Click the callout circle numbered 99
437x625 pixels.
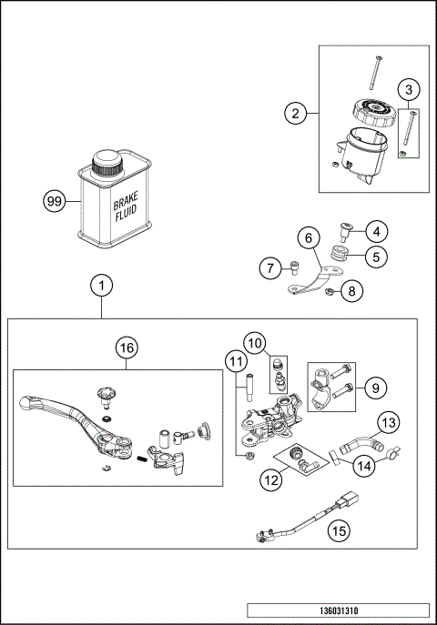pyautogui.click(x=56, y=201)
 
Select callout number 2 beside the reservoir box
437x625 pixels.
pyautogui.click(x=293, y=114)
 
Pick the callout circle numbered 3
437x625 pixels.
pyautogui.click(x=410, y=89)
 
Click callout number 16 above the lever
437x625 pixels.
pyautogui.click(x=127, y=348)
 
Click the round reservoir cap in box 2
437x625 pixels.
pyautogui.click(x=373, y=114)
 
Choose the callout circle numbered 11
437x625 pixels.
pyautogui.click(x=237, y=362)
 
